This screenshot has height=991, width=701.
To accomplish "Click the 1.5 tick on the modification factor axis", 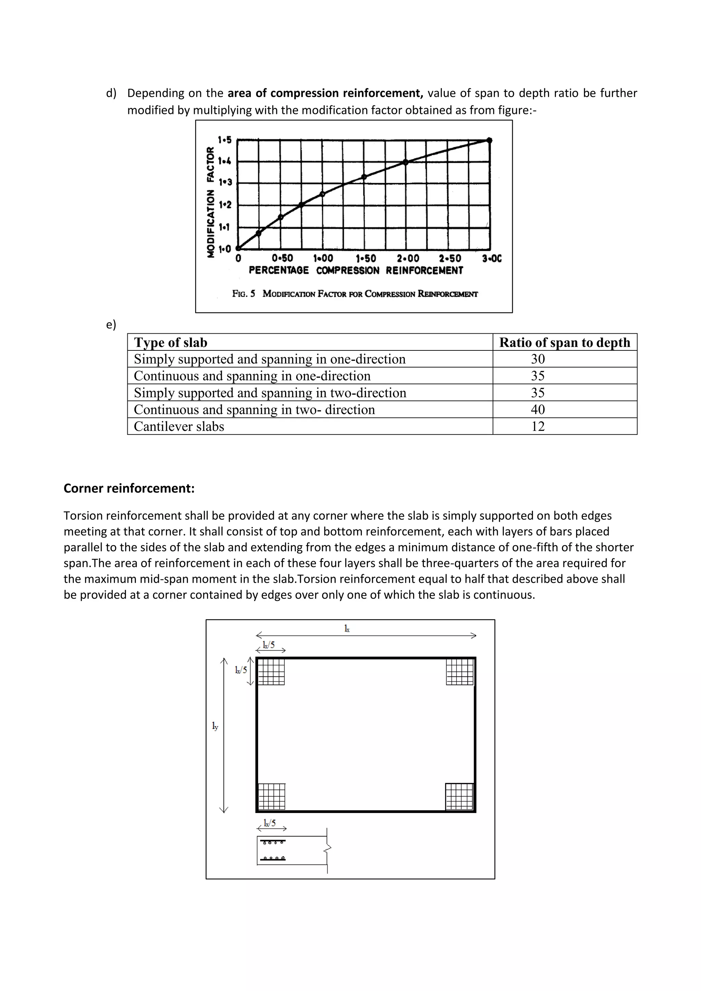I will pyautogui.click(x=225, y=140).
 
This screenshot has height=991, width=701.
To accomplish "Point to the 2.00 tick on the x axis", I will pyautogui.click(x=408, y=259).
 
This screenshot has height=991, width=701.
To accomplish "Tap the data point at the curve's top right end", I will pyautogui.click(x=489, y=140).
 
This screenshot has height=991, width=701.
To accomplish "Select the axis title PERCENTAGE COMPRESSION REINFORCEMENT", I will pyautogui.click(x=356, y=271).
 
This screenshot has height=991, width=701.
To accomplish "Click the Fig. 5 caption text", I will pyautogui.click(x=355, y=294).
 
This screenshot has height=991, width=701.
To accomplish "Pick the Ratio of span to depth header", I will pyautogui.click(x=564, y=342).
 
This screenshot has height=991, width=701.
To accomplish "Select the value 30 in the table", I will pyautogui.click(x=538, y=359).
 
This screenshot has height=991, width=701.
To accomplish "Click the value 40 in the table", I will pyautogui.click(x=538, y=410).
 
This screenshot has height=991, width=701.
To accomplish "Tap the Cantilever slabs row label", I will pyautogui.click(x=179, y=426).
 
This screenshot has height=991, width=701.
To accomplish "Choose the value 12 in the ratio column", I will pyautogui.click(x=538, y=426).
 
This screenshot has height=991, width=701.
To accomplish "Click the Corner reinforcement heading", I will pyautogui.click(x=129, y=488).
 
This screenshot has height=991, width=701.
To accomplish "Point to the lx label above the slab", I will pyautogui.click(x=347, y=629).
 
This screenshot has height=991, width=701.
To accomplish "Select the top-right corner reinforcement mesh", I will pyautogui.click(x=460, y=672).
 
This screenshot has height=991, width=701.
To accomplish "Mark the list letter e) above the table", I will pyautogui.click(x=111, y=325).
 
